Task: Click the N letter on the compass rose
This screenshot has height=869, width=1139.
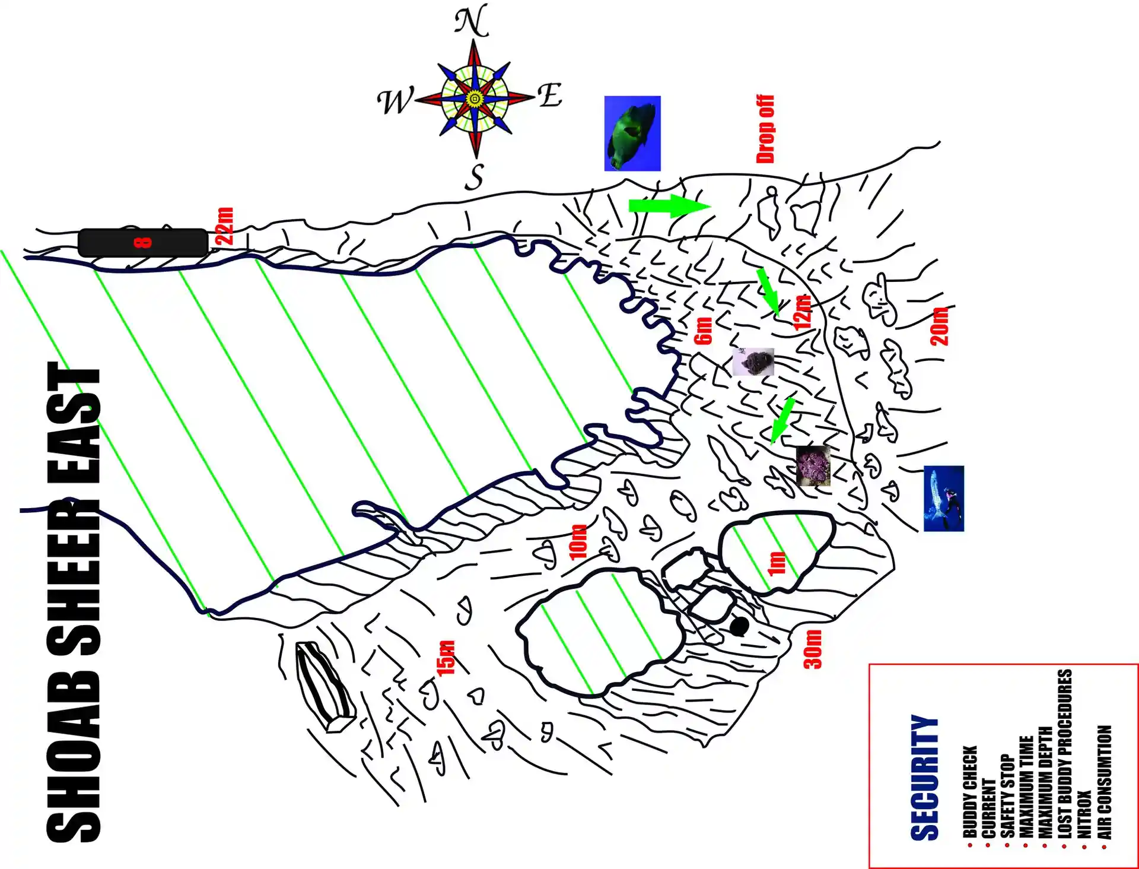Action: point(472,21)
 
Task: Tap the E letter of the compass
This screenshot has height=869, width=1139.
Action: point(550,95)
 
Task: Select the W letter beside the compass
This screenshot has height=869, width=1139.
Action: point(395,100)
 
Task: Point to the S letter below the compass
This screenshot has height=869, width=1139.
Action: point(475,177)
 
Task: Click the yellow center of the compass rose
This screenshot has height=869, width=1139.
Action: point(475,99)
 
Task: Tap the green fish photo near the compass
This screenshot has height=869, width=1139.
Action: point(632,134)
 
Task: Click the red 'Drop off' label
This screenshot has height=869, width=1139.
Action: point(765,129)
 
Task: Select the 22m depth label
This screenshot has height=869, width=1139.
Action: point(225,226)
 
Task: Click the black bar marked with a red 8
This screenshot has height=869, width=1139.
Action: point(143,243)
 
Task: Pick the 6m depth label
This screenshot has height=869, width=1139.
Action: point(703,331)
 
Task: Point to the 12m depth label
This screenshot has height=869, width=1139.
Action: point(802,312)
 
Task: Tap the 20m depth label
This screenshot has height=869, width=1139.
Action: point(939,326)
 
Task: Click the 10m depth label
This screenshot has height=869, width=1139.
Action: point(578,542)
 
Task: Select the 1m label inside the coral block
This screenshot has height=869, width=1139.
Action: point(777,563)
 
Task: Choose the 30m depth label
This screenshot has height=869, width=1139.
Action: point(813,649)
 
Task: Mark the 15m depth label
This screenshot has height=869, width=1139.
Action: point(446,658)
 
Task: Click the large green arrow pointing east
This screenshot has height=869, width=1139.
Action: point(670,206)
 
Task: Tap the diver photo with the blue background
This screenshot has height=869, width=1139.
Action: point(944,499)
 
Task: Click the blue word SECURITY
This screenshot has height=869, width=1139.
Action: point(925,778)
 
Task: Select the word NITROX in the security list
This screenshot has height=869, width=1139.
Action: point(1084,814)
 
